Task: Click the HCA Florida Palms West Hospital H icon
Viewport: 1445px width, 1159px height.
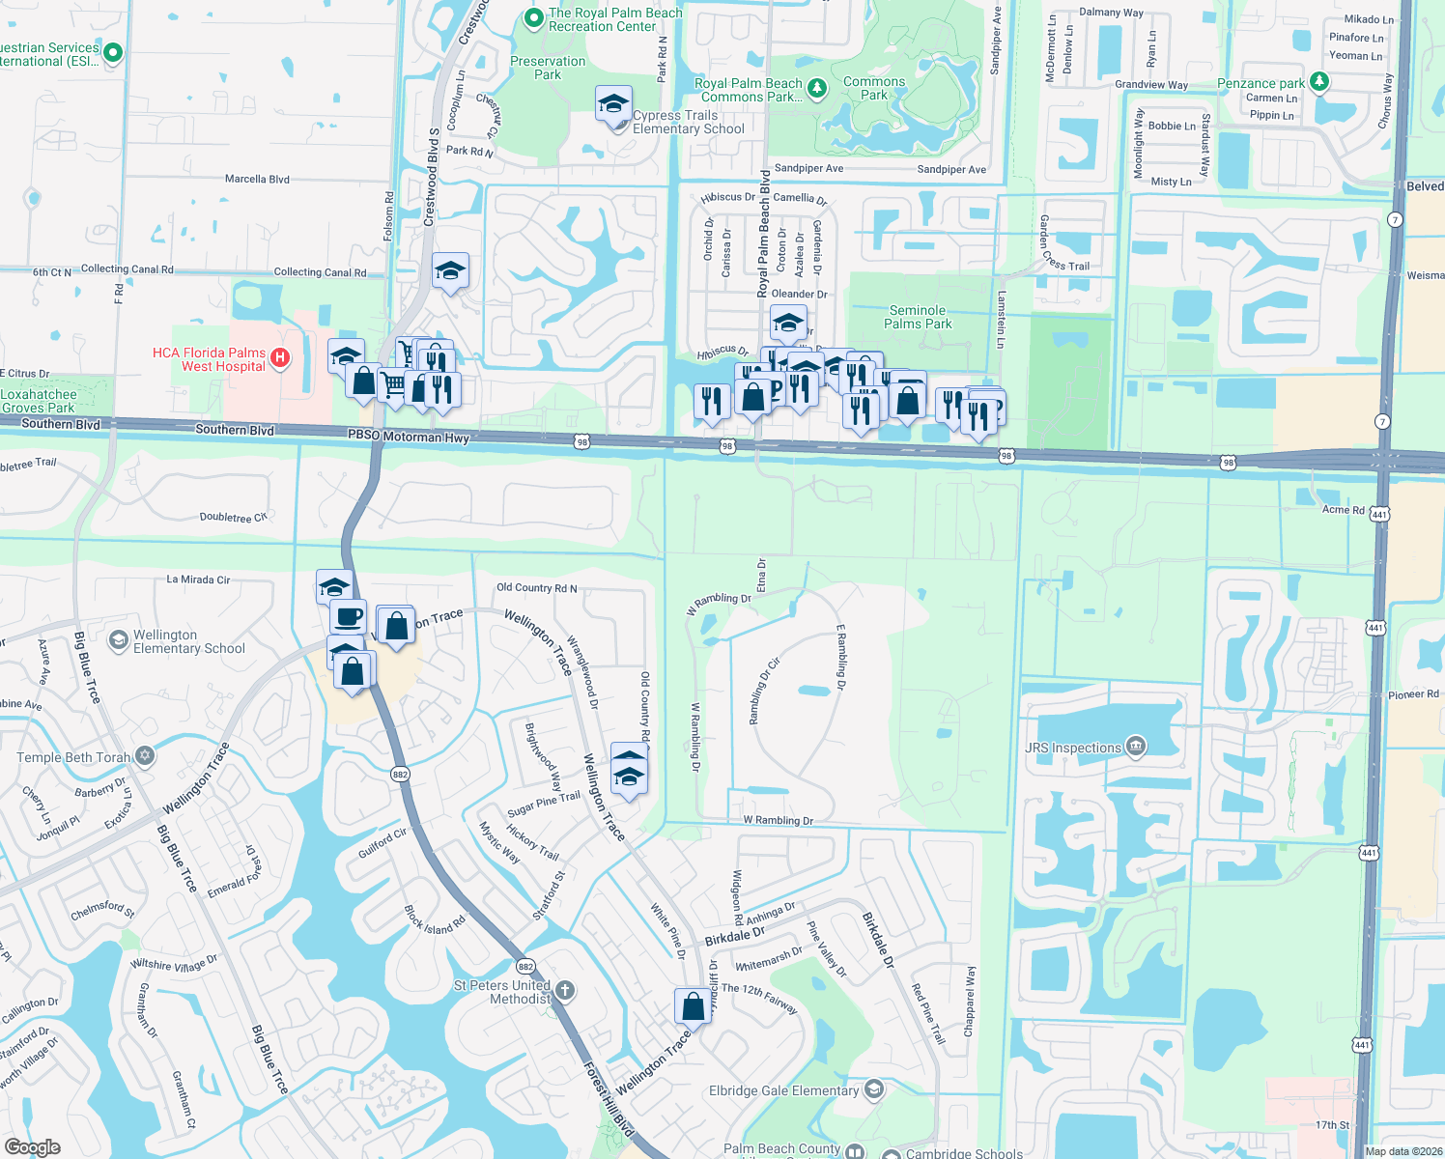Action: point(280,358)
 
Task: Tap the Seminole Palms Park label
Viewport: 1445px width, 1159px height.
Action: point(918,317)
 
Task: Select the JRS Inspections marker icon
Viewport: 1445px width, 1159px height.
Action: point(1136,746)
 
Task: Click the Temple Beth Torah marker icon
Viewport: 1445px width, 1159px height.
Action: point(145,755)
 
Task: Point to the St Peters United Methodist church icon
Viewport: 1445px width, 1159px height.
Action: point(565,991)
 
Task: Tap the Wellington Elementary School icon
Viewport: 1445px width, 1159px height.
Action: point(118,640)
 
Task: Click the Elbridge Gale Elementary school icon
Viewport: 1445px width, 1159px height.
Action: point(873,1089)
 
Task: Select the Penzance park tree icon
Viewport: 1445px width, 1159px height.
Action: point(1318,82)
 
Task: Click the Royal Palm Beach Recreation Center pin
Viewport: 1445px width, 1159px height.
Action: point(533,18)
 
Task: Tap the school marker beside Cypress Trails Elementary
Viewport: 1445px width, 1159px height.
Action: point(613,104)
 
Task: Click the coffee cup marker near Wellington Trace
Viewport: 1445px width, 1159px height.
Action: point(348,616)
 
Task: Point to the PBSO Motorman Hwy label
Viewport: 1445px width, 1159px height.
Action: point(409,437)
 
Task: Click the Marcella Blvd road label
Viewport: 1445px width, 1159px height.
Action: point(257,179)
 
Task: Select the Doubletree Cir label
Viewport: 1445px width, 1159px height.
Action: point(233,518)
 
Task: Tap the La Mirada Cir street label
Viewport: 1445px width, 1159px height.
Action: point(198,579)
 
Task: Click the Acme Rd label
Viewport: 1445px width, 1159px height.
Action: point(1343,509)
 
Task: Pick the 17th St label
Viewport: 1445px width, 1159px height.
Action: point(1331,1124)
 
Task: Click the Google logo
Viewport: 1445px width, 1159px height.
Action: point(32,1147)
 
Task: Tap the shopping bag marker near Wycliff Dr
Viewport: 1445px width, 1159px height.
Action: point(693,1006)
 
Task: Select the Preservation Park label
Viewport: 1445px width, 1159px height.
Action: point(548,68)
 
